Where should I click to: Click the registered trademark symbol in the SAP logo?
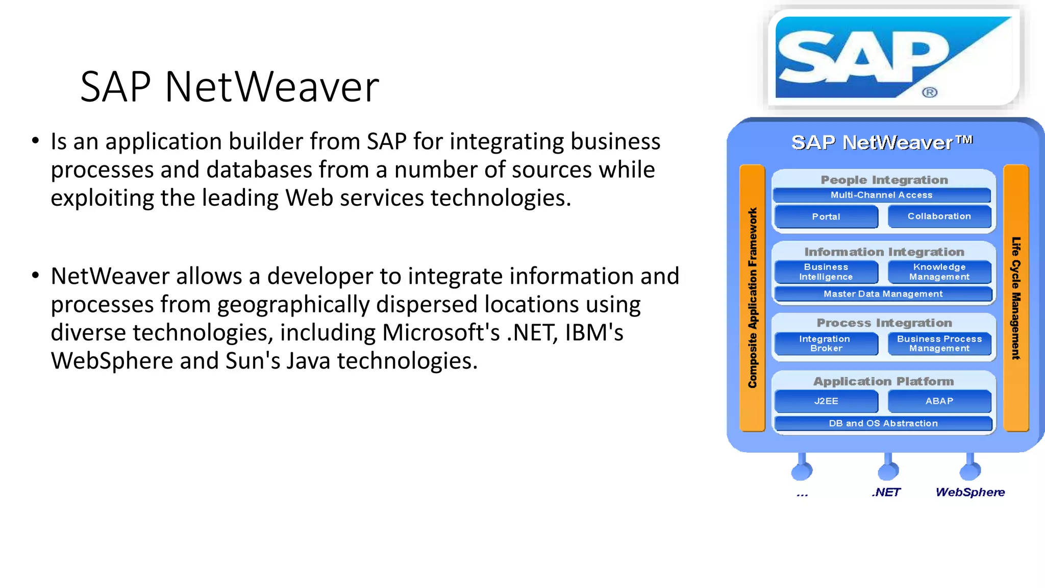tap(930, 92)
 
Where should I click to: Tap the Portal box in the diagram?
tap(826, 217)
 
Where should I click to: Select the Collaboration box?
tap(939, 216)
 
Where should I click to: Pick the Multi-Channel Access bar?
tap(882, 195)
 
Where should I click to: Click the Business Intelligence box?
tap(826, 272)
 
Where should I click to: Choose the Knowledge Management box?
tap(939, 272)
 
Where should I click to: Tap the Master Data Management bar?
tap(883, 294)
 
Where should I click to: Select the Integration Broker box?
tap(826, 344)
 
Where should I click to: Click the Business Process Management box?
tap(939, 344)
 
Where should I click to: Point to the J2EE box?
tap(826, 401)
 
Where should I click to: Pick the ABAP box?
tap(939, 401)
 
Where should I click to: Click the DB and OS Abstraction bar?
tap(883, 423)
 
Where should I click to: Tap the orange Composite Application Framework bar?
tap(752, 298)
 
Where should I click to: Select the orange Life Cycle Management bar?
tap(1016, 298)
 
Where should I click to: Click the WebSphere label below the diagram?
tap(970, 492)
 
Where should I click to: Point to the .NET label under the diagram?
tap(886, 492)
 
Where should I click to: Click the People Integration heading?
tap(884, 180)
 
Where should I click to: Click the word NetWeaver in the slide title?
tap(272, 87)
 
